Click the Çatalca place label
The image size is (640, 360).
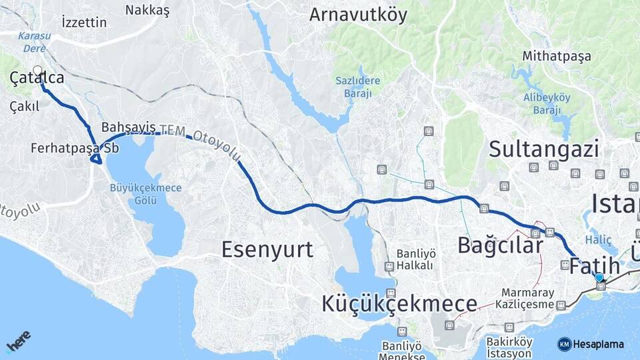point(37,79)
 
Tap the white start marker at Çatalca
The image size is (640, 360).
point(37,70)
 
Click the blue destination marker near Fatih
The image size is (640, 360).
point(599,277)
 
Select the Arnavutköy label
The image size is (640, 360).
point(357,15)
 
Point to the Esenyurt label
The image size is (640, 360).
point(267,250)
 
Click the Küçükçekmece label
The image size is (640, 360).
point(399,304)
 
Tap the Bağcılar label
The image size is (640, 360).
point(500,245)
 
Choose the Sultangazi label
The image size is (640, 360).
point(544,149)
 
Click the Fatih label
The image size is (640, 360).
point(594,267)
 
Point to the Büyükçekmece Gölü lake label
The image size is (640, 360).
point(145,194)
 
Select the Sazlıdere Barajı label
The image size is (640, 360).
point(357,87)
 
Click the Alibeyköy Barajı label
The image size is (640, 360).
point(547,104)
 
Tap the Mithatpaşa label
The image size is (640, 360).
point(557,56)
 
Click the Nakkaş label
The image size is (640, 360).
point(147,10)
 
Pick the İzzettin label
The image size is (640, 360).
point(83,23)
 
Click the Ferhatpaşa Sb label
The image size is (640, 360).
point(75,148)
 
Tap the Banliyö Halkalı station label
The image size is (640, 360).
point(415,259)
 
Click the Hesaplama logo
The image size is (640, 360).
point(591,344)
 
